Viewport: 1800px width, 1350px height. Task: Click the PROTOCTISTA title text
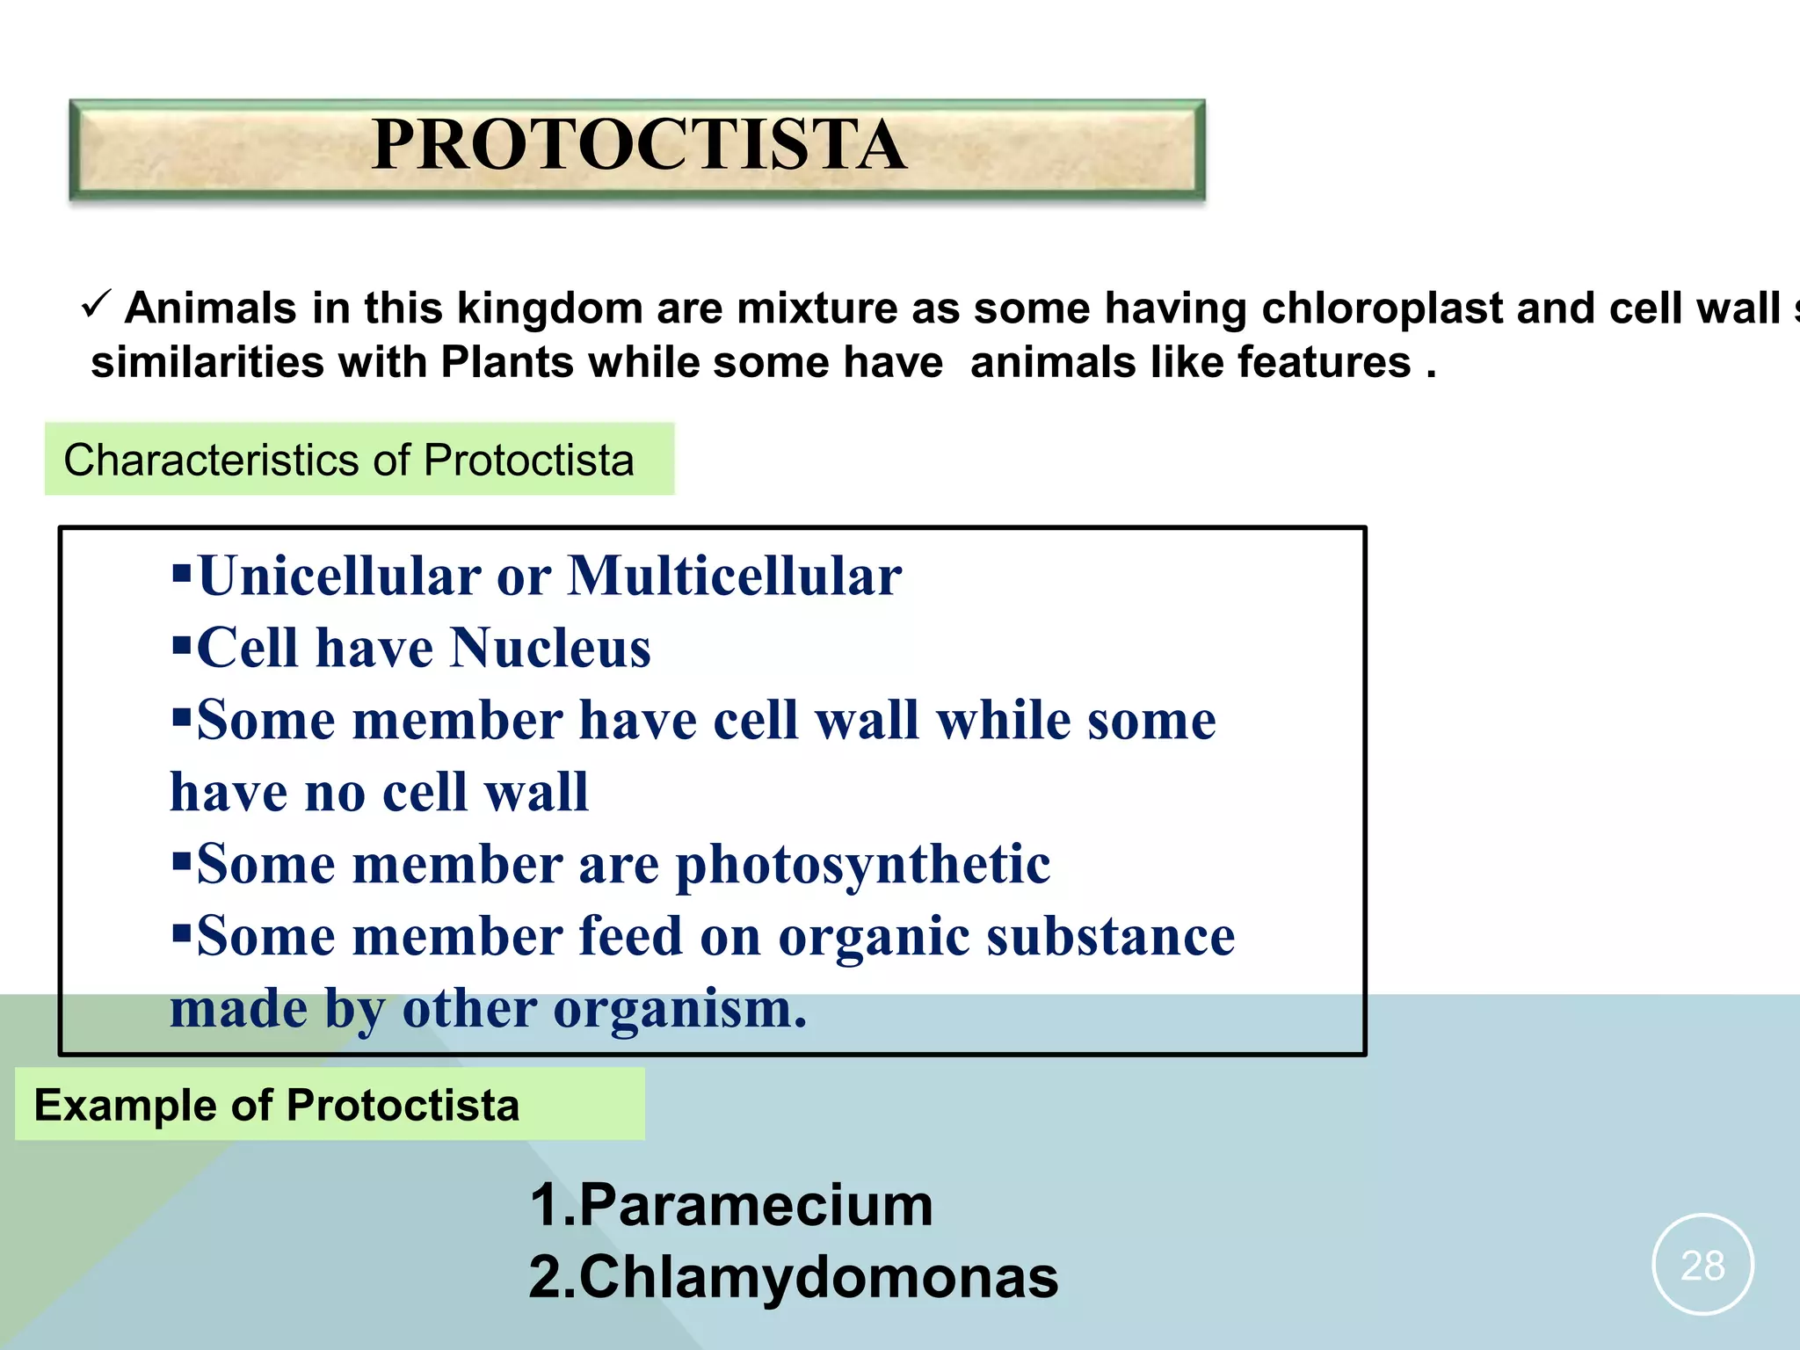pyautogui.click(x=639, y=145)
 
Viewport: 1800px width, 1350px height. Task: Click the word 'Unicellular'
pyautogui.click(x=339, y=577)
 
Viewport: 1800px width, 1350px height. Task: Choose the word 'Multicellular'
pyautogui.click(x=735, y=577)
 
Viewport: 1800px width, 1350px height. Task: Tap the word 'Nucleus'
pyautogui.click(x=550, y=649)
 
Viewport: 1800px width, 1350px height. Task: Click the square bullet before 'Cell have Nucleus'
pyautogui.click(x=182, y=647)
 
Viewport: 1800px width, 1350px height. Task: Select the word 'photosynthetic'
pyautogui.click(x=862, y=865)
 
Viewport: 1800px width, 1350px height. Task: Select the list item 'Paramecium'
pyautogui.click(x=756, y=1205)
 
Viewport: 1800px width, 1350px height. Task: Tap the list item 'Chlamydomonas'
pyautogui.click(x=818, y=1277)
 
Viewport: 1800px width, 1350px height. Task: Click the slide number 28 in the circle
pyautogui.click(x=1702, y=1266)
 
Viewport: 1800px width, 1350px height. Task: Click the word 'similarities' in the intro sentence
pyautogui.click(x=207, y=362)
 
